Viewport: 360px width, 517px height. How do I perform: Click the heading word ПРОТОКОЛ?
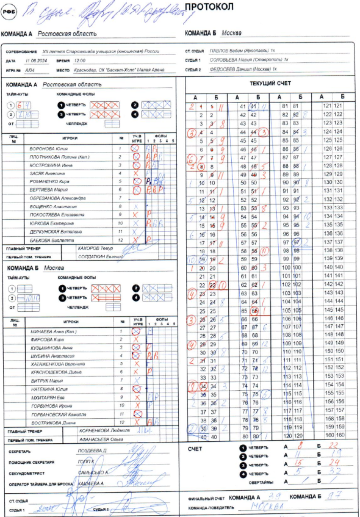[210, 8]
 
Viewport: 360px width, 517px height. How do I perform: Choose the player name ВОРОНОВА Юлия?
[45, 148]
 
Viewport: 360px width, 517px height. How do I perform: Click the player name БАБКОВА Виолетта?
[47, 240]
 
